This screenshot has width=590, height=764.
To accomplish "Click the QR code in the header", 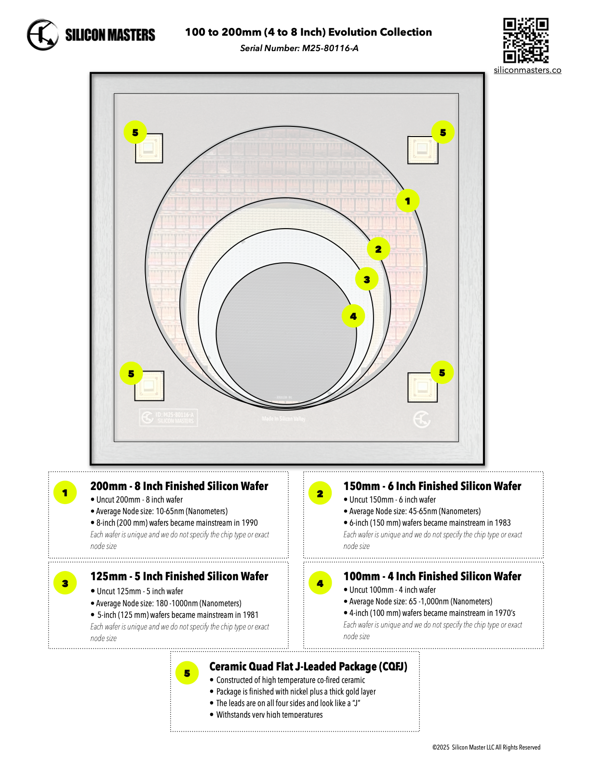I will coord(526,41).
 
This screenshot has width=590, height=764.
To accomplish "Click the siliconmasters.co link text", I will coord(527,70).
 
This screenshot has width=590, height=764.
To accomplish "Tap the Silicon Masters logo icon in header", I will coord(42,35).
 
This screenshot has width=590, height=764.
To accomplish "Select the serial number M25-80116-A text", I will coord(330,48).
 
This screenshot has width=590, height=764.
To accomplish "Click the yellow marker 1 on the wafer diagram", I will coord(408,201).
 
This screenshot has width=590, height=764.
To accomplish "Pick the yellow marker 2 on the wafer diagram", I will coord(378,249).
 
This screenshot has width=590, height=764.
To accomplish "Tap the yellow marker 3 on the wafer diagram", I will coord(367,279).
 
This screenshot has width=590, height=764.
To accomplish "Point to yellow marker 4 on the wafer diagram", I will coord(353,316).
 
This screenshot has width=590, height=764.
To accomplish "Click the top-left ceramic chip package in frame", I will coord(149,149).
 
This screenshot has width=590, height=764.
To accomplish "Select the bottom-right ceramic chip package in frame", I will coord(422,387).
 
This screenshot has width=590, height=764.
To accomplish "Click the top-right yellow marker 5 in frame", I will coord(443,132).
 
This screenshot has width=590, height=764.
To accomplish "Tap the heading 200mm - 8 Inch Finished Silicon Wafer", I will coord(179,486).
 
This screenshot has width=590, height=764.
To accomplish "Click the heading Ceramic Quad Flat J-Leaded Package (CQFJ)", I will coord(308,667).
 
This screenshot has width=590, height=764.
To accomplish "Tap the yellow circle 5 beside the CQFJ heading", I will coord(187,673).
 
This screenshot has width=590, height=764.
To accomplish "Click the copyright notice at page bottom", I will coord(486,747).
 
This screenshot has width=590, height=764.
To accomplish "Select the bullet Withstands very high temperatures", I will coord(269,715).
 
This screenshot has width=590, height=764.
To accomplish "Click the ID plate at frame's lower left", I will coord(169,418).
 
